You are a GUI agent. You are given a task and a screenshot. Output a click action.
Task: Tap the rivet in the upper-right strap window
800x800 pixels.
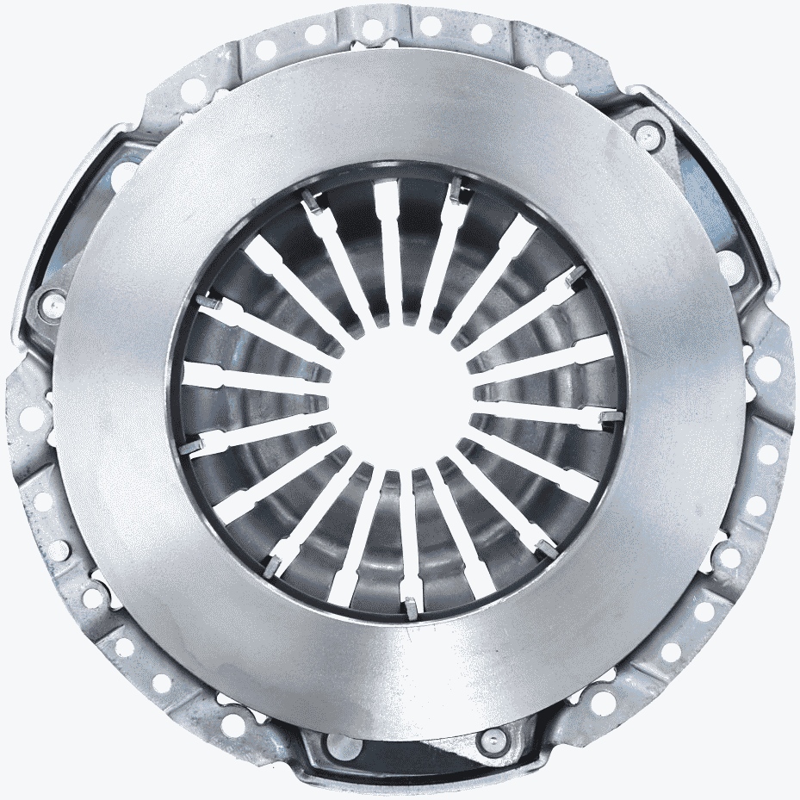click(x=644, y=131)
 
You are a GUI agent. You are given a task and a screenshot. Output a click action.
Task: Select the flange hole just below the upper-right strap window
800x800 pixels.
click(x=762, y=367)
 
